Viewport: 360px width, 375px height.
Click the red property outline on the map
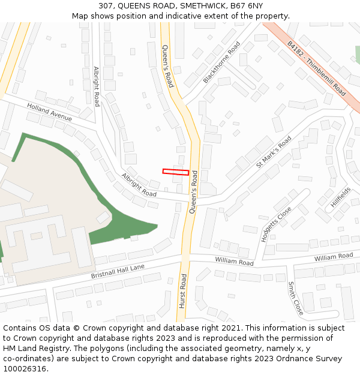[x=176, y=172]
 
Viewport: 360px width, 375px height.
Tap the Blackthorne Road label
[x=221, y=62]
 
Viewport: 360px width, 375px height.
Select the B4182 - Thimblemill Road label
[x=316, y=68]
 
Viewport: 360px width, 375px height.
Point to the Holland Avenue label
[x=49, y=112]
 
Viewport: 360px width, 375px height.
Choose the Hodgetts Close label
[x=276, y=224]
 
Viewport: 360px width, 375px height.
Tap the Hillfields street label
[x=340, y=197]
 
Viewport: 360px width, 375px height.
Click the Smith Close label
[x=295, y=298]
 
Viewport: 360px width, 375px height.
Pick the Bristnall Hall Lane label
[x=118, y=271]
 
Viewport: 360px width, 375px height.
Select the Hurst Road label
[x=183, y=291]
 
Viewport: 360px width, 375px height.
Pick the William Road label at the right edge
[x=334, y=256]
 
